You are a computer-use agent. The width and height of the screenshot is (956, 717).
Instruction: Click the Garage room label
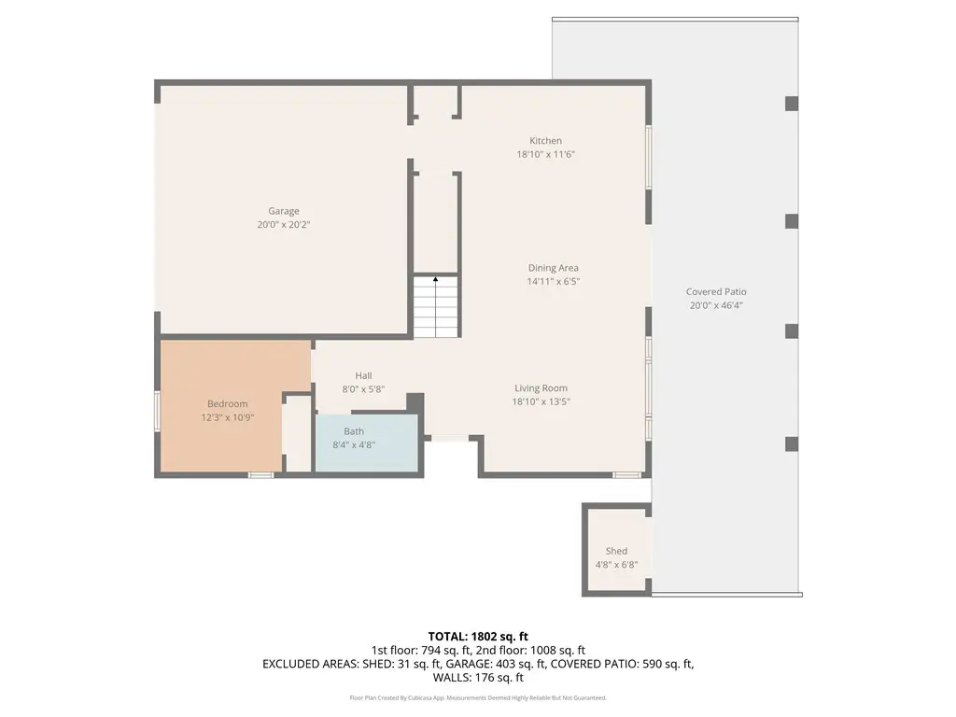(284, 211)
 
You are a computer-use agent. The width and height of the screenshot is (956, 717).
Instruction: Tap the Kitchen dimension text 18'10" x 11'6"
(545, 154)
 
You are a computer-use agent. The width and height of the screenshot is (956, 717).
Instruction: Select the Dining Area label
(553, 268)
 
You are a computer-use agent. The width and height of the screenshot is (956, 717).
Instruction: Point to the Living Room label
(541, 387)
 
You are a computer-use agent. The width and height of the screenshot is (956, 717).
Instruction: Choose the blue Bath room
(366, 443)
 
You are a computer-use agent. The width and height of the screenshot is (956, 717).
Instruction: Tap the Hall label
(363, 375)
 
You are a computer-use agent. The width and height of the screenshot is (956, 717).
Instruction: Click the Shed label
(616, 551)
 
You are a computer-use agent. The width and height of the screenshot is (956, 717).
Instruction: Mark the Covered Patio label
(716, 291)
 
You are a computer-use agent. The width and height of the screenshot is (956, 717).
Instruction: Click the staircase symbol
(435, 306)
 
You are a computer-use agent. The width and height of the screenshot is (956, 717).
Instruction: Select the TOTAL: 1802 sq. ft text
(478, 637)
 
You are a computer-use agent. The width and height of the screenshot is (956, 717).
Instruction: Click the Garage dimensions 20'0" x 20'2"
(284, 224)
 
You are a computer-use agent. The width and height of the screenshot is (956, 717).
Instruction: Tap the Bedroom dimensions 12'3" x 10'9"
(228, 417)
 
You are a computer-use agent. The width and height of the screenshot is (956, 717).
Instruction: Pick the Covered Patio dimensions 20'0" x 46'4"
(716, 305)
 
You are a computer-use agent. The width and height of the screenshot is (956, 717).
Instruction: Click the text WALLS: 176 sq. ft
(478, 678)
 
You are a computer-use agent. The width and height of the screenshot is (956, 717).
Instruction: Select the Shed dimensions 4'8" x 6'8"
(616, 565)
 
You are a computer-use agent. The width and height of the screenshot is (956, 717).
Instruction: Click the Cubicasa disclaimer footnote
(478, 698)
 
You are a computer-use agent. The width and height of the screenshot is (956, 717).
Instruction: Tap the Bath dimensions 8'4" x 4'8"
(354, 445)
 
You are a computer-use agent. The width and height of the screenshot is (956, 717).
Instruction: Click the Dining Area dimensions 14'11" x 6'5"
(553, 282)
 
